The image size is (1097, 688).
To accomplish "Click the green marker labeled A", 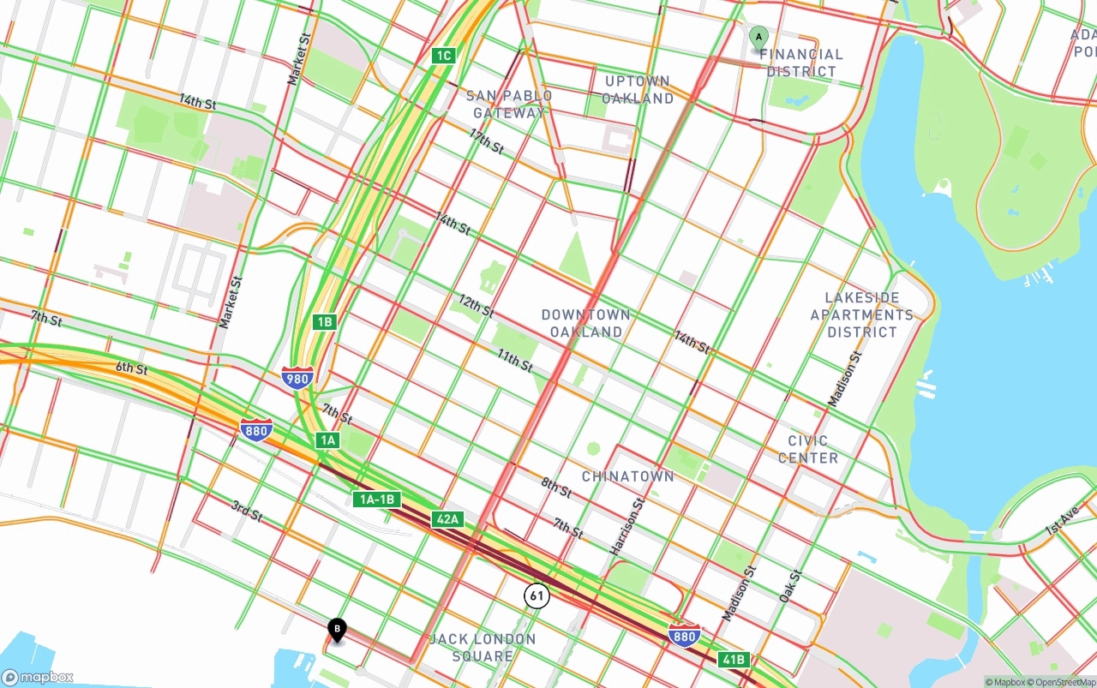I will [758, 39].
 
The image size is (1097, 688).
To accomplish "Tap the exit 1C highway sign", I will [442, 56].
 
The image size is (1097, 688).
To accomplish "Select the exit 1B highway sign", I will [324, 322].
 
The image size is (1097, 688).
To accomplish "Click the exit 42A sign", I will [447, 518].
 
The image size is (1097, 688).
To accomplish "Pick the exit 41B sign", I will [734, 659].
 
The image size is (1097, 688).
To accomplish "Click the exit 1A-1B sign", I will [377, 500].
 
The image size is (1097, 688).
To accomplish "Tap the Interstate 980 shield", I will [297, 377].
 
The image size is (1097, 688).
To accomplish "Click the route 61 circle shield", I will [537, 595].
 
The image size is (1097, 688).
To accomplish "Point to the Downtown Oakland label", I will [586, 323].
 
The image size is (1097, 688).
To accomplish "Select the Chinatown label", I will [627, 476].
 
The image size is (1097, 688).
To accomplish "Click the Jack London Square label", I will [483, 648].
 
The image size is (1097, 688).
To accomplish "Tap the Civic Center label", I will [807, 449].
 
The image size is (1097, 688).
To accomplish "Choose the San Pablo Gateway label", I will [509, 104].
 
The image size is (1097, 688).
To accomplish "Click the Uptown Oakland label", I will [637, 89].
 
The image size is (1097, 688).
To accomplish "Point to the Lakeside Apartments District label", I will [861, 314].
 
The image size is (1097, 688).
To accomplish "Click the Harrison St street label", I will [626, 527].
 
